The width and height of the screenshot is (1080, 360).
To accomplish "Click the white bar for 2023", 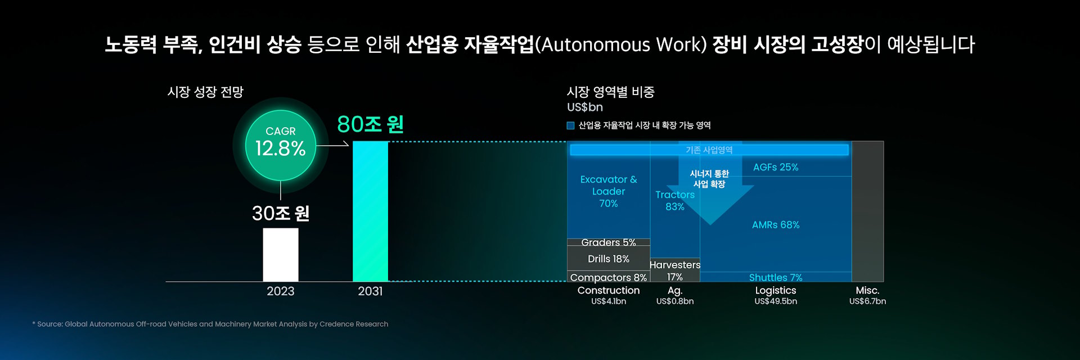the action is (x=281, y=255).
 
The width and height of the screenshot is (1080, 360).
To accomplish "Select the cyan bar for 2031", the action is (x=370, y=211).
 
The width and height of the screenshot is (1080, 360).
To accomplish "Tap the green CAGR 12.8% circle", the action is (x=281, y=145).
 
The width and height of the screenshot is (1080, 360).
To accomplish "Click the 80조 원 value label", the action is (x=370, y=124).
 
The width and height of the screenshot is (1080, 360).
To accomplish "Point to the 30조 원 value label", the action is (x=281, y=213).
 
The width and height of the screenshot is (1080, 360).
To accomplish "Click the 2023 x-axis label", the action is (x=281, y=291).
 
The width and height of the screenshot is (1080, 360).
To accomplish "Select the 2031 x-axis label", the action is (x=370, y=291).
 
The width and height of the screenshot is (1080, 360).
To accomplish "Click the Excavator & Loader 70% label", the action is (x=609, y=191).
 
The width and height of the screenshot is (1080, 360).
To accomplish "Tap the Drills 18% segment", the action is (x=609, y=259).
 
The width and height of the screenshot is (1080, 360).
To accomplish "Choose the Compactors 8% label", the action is (x=609, y=277).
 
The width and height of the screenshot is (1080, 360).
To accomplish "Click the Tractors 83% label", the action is (x=675, y=200).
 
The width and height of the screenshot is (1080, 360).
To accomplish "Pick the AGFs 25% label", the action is (x=776, y=167).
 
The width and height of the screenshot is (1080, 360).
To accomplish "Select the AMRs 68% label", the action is (x=776, y=225).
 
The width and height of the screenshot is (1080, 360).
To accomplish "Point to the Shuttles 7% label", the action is (x=776, y=277).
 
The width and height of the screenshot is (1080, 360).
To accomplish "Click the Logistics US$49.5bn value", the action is (x=776, y=301).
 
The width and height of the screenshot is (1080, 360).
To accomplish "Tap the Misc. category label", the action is (x=867, y=290).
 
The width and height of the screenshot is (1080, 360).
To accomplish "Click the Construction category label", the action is (x=609, y=290).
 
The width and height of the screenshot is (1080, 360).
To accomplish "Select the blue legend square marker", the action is (x=570, y=125).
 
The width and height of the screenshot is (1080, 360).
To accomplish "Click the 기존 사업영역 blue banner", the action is (x=709, y=150).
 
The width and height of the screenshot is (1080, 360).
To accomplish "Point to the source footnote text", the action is (x=210, y=324).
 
